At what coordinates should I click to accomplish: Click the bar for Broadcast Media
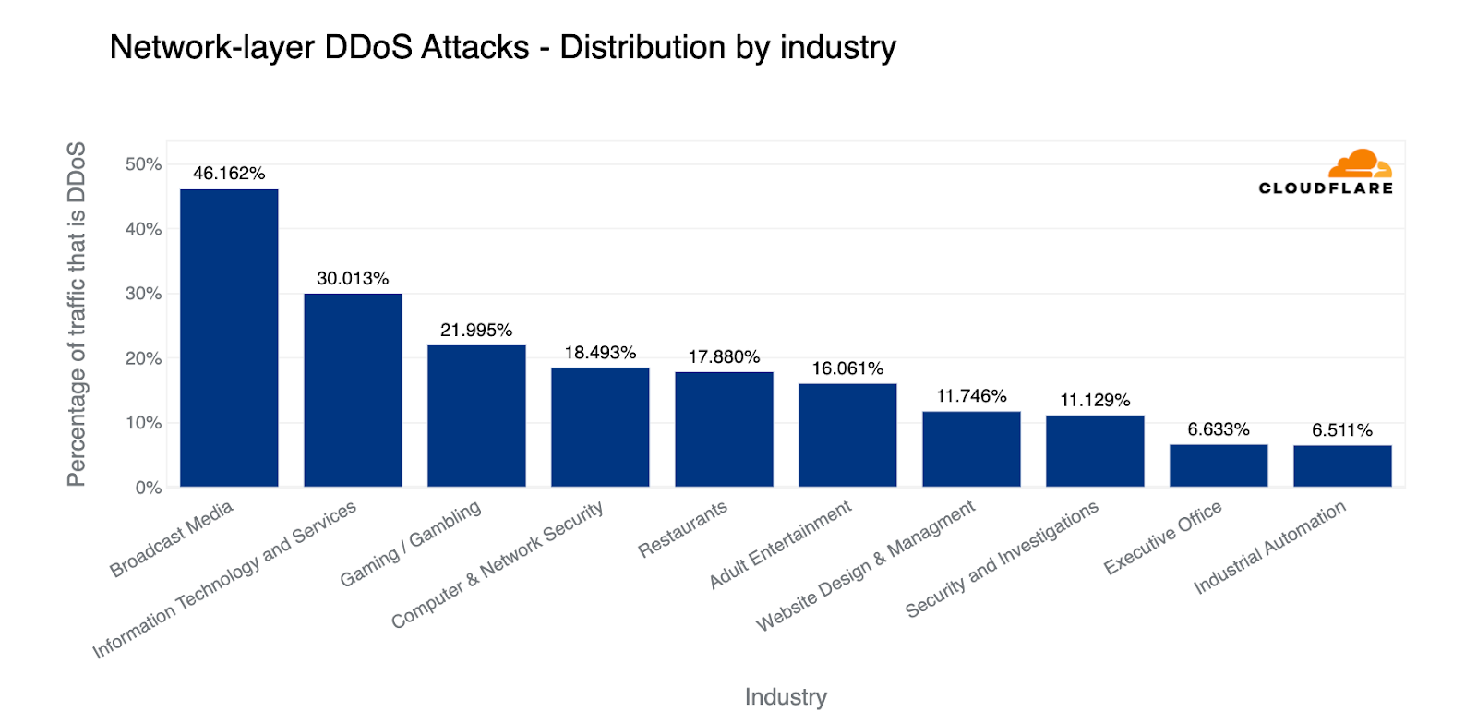tap(229, 338)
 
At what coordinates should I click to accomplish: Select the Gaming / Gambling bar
tap(476, 416)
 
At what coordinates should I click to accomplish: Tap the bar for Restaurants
tap(724, 429)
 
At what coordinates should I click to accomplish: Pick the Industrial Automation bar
tap(1342, 466)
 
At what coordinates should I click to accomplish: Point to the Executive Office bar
tap(1219, 465)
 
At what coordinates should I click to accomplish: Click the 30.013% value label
tap(353, 279)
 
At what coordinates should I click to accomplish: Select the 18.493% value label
tap(600, 353)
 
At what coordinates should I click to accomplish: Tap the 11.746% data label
tap(971, 396)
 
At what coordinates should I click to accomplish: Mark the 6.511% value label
tap(1342, 430)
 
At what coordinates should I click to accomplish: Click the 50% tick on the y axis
tap(144, 164)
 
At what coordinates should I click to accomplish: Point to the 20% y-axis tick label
tap(144, 358)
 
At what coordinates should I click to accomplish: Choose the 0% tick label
tap(149, 488)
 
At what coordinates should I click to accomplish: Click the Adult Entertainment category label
tap(780, 545)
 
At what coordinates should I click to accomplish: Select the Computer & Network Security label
tap(498, 564)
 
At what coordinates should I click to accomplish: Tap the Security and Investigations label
tap(1002, 559)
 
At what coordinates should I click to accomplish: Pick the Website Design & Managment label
tap(866, 565)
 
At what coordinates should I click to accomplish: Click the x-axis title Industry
tap(786, 697)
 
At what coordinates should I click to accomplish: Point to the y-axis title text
tap(77, 314)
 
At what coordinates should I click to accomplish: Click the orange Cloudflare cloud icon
tap(1360, 163)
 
